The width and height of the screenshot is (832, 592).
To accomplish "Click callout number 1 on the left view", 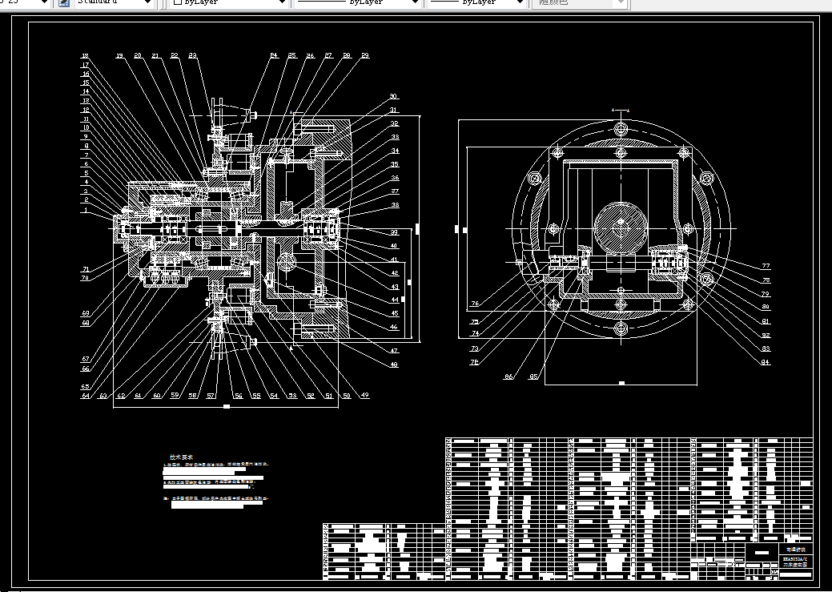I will click(x=85, y=210).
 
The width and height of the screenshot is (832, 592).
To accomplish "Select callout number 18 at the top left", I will click(x=85, y=56).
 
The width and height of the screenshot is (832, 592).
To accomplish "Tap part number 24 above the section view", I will click(x=273, y=56).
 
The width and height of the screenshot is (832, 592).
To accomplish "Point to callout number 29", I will click(x=365, y=56).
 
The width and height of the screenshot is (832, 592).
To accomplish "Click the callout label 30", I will click(x=393, y=97).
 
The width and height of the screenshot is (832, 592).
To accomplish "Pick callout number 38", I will click(x=394, y=205).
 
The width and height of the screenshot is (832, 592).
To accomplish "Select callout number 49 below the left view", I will click(x=365, y=395).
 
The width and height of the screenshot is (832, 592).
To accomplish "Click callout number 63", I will click(x=102, y=395).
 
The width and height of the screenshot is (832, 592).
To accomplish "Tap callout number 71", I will click(x=85, y=269).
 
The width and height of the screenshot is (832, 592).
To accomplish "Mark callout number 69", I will click(x=85, y=313).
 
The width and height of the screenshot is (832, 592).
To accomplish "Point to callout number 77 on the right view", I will click(x=766, y=266).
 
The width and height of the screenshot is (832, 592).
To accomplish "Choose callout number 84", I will click(x=766, y=362).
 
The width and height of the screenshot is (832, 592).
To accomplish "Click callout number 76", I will click(x=474, y=304).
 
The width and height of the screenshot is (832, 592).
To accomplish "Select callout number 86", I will click(x=508, y=376).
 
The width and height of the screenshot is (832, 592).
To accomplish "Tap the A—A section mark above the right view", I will click(x=621, y=108).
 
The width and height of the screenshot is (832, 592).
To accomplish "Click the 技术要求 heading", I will click(x=181, y=457).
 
